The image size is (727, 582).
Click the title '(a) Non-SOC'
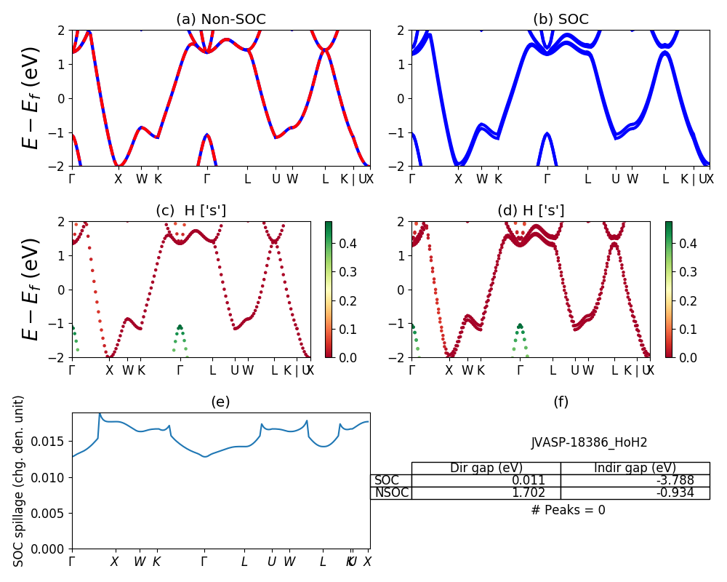click(x=221, y=20)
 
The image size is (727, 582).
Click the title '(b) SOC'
click(x=561, y=20)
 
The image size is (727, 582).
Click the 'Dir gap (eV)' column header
click(x=486, y=468)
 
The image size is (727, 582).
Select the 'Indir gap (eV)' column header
click(x=635, y=468)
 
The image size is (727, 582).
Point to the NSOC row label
click(x=392, y=493)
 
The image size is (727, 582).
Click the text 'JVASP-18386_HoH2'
click(x=589, y=442)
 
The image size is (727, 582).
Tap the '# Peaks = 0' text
click(x=568, y=510)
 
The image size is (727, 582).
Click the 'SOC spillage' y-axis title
click(x=20, y=480)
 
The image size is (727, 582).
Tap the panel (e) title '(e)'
click(x=221, y=402)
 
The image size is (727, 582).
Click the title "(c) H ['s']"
click(x=190, y=211)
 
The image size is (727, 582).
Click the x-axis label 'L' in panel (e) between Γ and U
click(x=244, y=562)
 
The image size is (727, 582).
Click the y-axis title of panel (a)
click(x=31, y=98)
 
